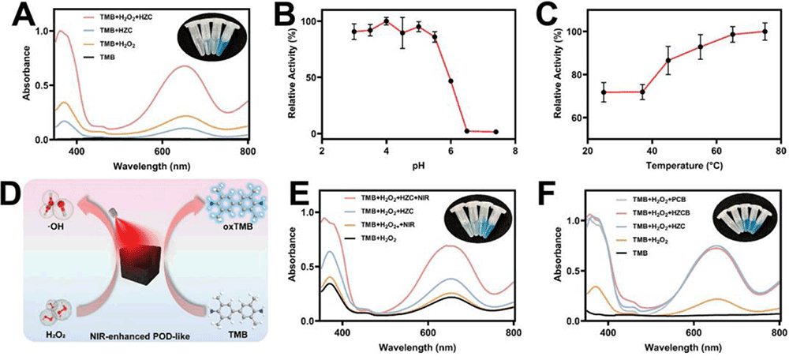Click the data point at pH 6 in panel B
click(451, 81)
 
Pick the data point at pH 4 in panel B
click(386, 21)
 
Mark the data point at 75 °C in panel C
click(764, 32)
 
